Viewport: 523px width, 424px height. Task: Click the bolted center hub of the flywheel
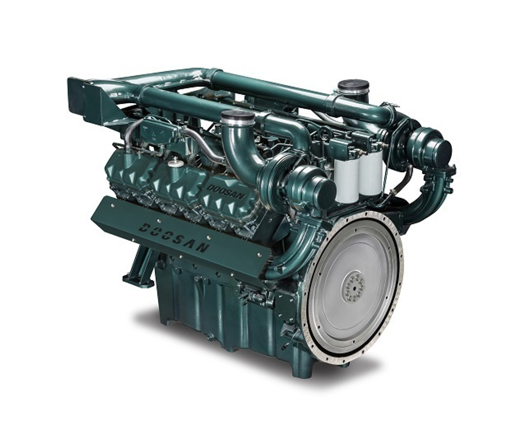click(355, 286)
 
